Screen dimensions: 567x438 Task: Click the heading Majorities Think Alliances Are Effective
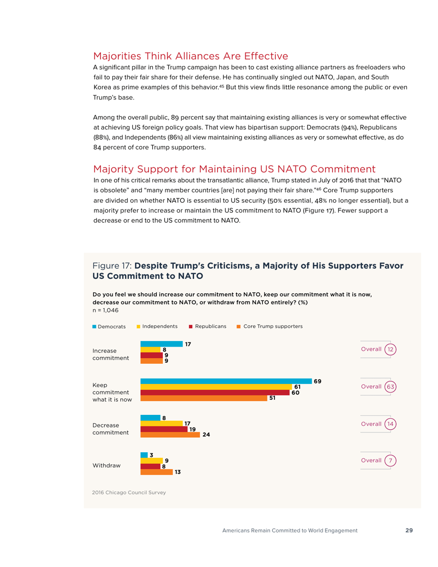[190, 56]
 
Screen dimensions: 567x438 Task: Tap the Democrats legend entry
[109, 326]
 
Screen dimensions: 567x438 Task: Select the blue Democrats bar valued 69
[225, 381]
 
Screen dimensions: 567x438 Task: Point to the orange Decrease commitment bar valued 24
[170, 434]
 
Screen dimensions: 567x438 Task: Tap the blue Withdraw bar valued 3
[143, 455]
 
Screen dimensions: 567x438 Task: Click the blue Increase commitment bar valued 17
[161, 344]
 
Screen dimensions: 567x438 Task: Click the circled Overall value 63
[390, 386]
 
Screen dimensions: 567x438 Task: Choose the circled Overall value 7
[390, 461]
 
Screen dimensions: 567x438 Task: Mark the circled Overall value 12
[390, 349]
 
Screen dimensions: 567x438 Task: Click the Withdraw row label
[107, 466]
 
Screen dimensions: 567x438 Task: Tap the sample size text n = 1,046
[106, 310]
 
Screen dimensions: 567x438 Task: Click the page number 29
[409, 530]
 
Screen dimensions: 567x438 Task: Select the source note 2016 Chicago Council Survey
[129, 493]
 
